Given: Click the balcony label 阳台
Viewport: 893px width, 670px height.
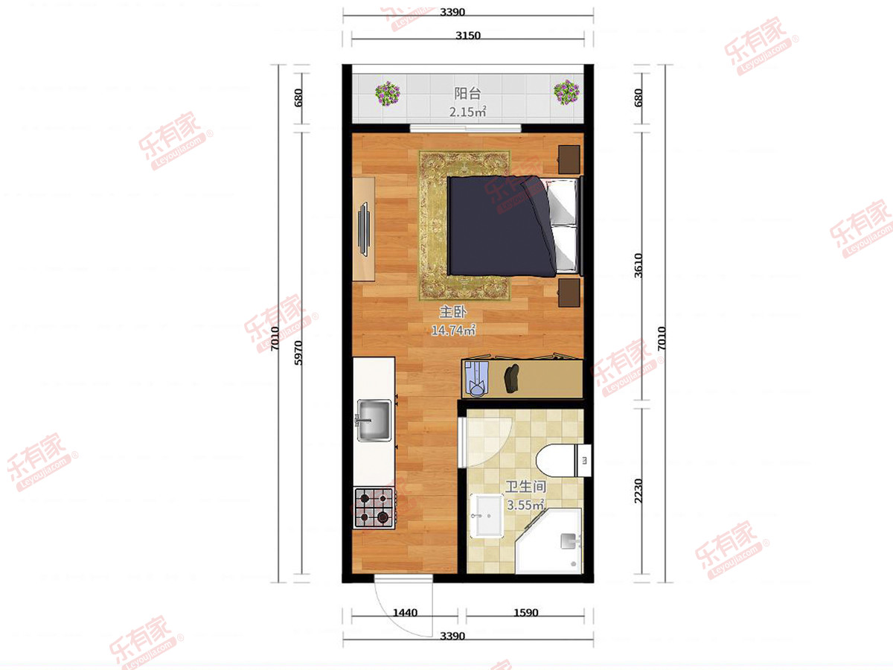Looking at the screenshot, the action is [x=467, y=94].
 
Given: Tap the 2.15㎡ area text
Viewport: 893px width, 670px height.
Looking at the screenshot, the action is [x=467, y=112].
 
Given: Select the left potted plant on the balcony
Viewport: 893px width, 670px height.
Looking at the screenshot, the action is [x=387, y=93].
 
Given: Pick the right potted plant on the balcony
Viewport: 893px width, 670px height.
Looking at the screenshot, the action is [x=566, y=92].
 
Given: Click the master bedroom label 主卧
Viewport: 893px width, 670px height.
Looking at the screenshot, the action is [x=452, y=312].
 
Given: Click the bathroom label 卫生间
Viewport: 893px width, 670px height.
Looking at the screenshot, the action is [x=525, y=487].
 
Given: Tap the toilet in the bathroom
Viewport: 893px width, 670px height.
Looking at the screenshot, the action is [x=563, y=461].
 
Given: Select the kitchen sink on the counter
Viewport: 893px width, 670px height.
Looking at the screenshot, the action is [x=374, y=421].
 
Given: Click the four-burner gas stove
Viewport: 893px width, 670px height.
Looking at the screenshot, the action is [x=374, y=508].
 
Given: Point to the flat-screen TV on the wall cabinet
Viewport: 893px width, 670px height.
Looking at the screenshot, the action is [x=363, y=229].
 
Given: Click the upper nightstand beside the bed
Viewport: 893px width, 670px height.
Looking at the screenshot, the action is [x=569, y=159].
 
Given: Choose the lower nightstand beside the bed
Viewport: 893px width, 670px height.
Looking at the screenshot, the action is [x=569, y=293].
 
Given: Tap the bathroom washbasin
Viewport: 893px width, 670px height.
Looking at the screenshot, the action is [x=487, y=516].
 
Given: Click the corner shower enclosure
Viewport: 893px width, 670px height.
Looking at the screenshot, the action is [x=548, y=541].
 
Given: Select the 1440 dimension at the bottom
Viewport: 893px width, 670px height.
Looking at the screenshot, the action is [x=406, y=612].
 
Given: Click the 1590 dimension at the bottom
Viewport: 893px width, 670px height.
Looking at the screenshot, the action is [x=525, y=612].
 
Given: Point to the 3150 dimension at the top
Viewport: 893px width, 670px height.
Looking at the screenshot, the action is [x=468, y=36].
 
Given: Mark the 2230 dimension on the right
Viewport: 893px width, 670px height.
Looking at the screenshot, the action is [x=638, y=491].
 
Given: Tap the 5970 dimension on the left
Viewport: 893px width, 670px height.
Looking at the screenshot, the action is [x=298, y=353].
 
